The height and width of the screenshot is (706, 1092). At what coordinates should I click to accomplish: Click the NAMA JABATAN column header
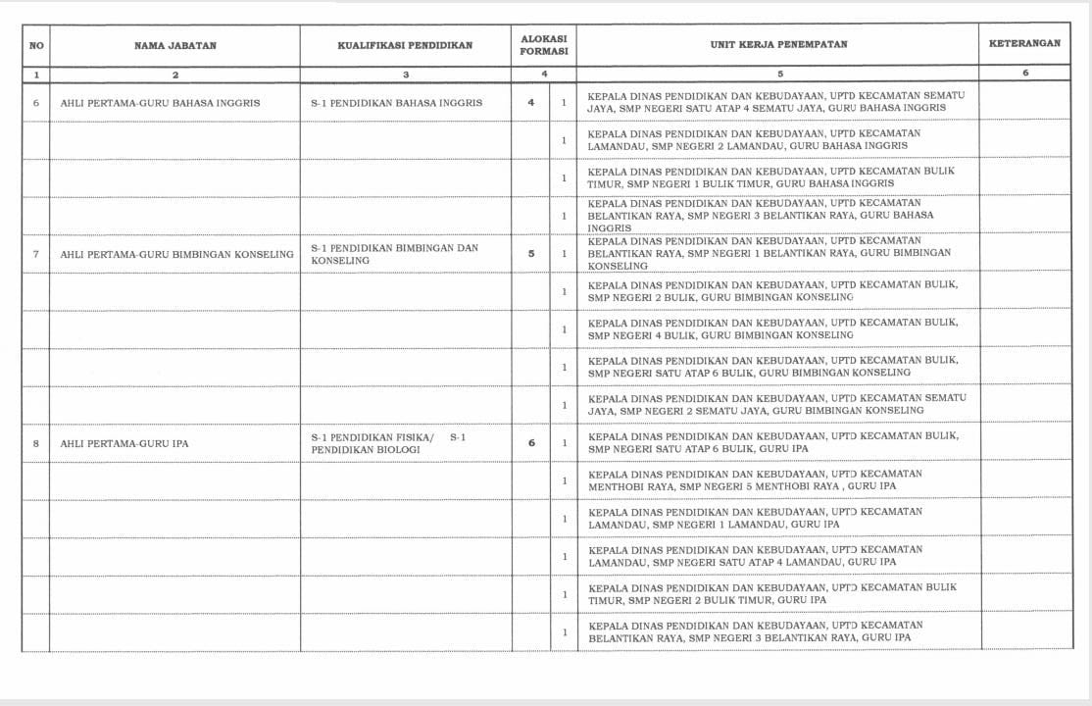tap(174, 45)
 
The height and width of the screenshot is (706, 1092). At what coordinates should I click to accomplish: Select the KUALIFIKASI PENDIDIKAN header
tap(405, 45)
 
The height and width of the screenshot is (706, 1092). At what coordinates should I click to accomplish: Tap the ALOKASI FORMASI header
tap(544, 45)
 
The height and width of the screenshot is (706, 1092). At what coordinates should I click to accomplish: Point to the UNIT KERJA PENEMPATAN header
tap(778, 45)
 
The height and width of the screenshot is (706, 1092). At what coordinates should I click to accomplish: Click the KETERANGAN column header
tap(1024, 44)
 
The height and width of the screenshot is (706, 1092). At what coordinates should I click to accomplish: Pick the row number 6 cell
tap(36, 102)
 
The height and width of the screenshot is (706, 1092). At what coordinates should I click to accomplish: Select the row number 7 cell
tap(36, 254)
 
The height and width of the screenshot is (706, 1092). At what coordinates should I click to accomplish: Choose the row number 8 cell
tap(36, 443)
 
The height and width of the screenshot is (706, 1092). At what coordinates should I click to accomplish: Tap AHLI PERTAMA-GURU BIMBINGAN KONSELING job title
tap(176, 254)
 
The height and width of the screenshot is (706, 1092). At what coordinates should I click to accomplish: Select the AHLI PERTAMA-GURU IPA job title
tap(124, 443)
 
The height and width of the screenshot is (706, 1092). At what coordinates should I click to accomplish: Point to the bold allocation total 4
tap(531, 102)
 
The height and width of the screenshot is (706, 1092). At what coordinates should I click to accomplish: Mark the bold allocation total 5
tap(531, 254)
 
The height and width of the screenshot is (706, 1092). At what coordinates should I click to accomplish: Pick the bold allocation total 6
tap(531, 443)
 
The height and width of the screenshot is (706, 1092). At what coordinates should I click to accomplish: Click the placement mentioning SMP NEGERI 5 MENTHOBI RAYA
tap(755, 480)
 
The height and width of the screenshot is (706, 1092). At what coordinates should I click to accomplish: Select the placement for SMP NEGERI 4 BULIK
tap(772, 329)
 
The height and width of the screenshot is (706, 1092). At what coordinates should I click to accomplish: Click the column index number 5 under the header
tap(779, 75)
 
